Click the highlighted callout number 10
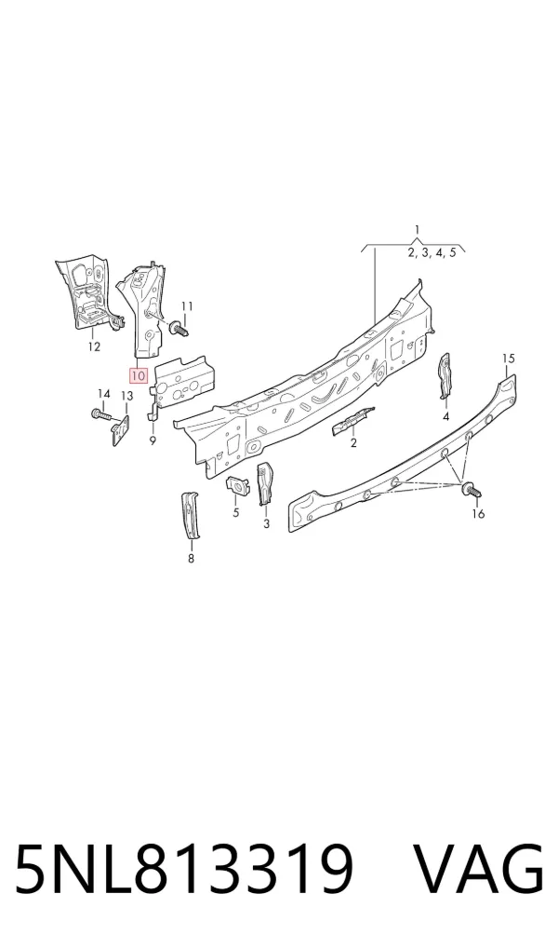point(139,375)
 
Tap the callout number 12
point(94,347)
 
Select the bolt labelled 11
point(180,330)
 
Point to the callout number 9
point(153,440)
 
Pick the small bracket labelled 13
point(122,429)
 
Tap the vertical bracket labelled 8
point(191,514)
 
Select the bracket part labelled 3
point(265,483)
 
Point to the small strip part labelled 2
point(353,420)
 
